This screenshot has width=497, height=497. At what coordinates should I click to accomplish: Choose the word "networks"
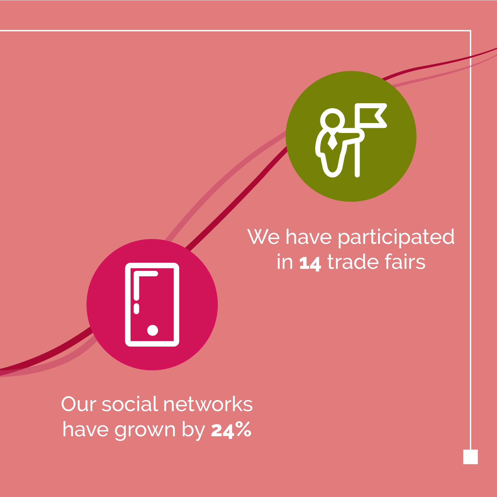208,404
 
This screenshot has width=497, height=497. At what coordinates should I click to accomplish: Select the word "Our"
79,404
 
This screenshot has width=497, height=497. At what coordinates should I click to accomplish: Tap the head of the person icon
333,120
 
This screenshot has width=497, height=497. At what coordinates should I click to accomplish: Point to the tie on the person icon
333,142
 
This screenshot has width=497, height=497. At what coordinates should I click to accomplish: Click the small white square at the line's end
470,457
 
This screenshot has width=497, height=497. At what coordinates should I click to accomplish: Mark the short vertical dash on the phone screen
137,309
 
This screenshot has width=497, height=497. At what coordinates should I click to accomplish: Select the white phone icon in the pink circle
152,305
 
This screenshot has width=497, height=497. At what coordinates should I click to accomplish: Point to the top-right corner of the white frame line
470,31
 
